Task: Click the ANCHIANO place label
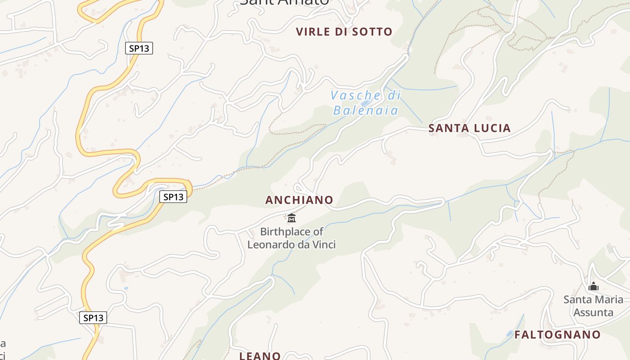pyautogui.click(x=299, y=200)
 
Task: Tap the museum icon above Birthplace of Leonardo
pyautogui.click(x=292, y=218)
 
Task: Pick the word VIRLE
pyautogui.click(x=313, y=32)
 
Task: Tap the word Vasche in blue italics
pyautogui.click(x=355, y=95)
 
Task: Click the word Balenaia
pyautogui.click(x=366, y=110)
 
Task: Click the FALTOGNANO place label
pyautogui.click(x=558, y=335)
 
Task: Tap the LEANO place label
pyautogui.click(x=260, y=356)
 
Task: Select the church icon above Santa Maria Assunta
pyautogui.click(x=594, y=286)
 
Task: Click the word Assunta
pyautogui.click(x=594, y=312)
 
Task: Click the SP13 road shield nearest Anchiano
pyautogui.click(x=173, y=197)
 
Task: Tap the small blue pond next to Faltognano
pyautogui.click(x=509, y=333)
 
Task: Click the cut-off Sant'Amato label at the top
pyautogui.click(x=284, y=3)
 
